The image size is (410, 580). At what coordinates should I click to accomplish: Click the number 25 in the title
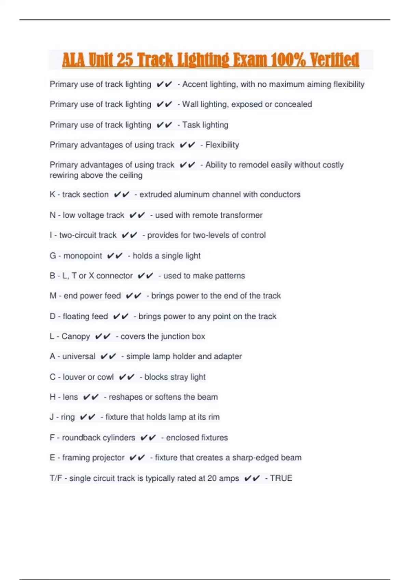tap(125, 60)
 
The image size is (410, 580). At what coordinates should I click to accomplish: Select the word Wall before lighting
tap(190, 104)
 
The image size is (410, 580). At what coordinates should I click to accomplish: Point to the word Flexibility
tap(222, 145)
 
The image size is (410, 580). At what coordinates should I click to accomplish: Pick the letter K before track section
tap(52, 194)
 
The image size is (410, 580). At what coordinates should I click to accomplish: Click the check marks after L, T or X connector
tap(145, 276)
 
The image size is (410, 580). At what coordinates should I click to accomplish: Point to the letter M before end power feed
tap(53, 296)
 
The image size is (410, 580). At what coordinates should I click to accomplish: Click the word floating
tap(85, 317)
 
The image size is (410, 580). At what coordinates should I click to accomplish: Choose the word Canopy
tap(76, 336)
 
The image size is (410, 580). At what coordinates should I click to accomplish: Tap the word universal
tap(79, 357)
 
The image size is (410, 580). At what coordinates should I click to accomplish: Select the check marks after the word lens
tap(91, 397)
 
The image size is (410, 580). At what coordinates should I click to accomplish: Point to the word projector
tap(109, 458)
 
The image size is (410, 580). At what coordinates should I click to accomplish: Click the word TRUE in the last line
tap(281, 478)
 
